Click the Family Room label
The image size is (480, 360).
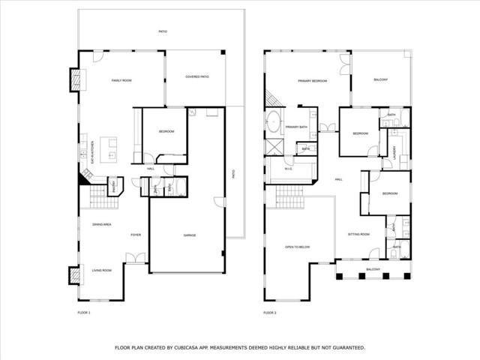121,79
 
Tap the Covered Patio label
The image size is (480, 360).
196,77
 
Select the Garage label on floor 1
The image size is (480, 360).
190,235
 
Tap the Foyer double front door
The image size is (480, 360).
136,259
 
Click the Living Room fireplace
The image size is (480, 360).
74,276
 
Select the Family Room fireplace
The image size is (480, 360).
75,80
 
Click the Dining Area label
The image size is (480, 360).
102,224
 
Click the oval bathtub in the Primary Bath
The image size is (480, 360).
274,120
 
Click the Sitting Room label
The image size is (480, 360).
358,235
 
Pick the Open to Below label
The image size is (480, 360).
298,246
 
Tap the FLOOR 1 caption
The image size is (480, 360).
83,312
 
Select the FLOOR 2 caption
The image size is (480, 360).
269,312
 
